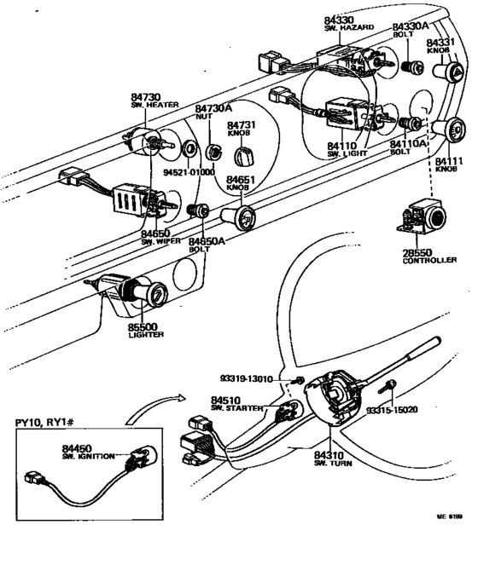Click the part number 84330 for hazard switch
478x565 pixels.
pos(342,19)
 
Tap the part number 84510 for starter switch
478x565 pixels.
pos(228,400)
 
